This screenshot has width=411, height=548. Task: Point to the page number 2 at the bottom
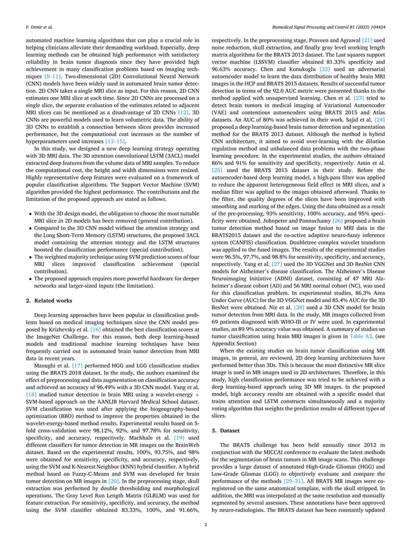205,525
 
